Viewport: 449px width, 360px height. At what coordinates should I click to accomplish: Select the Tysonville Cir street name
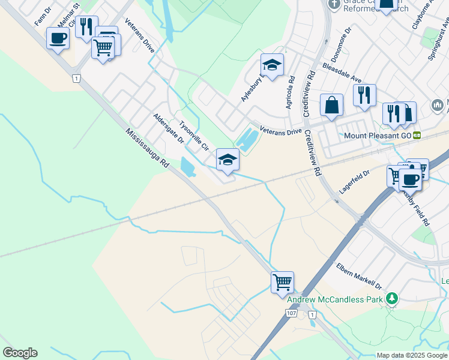[193, 135]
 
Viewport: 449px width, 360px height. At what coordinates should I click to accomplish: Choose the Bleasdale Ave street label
[342, 73]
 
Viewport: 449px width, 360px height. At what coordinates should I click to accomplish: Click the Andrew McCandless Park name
[335, 299]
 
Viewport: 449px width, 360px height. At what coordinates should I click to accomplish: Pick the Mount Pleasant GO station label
[378, 136]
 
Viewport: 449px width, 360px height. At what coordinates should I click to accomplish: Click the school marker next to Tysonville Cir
[228, 159]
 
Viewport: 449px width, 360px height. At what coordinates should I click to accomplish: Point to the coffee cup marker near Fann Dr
[58, 38]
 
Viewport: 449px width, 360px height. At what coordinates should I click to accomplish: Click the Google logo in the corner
[20, 353]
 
